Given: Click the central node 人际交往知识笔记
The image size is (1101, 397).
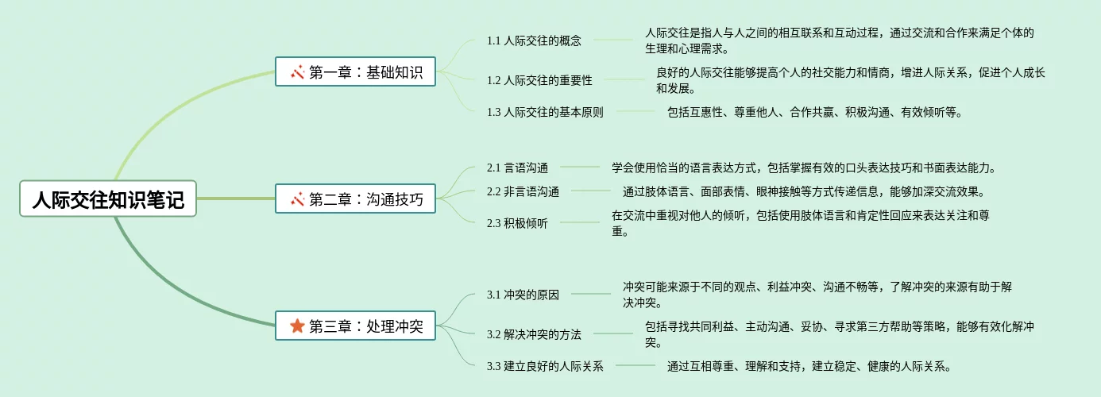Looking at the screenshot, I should pyautogui.click(x=108, y=198).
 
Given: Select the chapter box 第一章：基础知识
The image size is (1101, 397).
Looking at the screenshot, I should pyautogui.click(x=355, y=72).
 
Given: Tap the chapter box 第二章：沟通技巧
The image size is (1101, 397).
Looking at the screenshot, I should pyautogui.click(x=355, y=198).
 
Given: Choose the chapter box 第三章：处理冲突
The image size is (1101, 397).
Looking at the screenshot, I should pyautogui.click(x=355, y=326).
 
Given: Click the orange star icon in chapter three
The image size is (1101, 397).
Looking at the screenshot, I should pyautogui.click(x=297, y=326).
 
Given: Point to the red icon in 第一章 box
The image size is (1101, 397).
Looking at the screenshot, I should pyautogui.click(x=298, y=72).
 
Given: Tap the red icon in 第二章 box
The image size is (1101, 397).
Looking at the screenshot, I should pyautogui.click(x=298, y=198).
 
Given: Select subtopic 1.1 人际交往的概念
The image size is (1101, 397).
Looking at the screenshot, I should pyautogui.click(x=534, y=40).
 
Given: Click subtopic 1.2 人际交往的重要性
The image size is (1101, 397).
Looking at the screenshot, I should pyautogui.click(x=539, y=80).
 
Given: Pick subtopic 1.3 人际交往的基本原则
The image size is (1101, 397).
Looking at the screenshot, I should pyautogui.click(x=545, y=112).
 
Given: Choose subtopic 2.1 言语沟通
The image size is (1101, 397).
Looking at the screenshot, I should pyautogui.click(x=517, y=168).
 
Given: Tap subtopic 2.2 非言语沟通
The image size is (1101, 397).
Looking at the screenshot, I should pyautogui.click(x=523, y=191).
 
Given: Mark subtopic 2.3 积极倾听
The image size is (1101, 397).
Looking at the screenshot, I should pyautogui.click(x=517, y=223).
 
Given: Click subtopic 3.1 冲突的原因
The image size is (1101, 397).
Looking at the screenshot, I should pyautogui.click(x=523, y=295).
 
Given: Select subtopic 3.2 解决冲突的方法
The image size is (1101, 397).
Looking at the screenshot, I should pyautogui.click(x=534, y=334).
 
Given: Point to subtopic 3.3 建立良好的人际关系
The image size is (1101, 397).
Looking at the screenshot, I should pyautogui.click(x=545, y=366).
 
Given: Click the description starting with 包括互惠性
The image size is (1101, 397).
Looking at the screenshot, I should pyautogui.click(x=815, y=112).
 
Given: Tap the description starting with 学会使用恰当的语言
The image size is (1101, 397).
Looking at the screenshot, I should pyautogui.click(x=803, y=168).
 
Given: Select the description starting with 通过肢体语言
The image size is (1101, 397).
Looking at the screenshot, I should pyautogui.click(x=803, y=191).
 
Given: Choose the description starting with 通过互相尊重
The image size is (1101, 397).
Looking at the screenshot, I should pyautogui.click(x=809, y=366).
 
